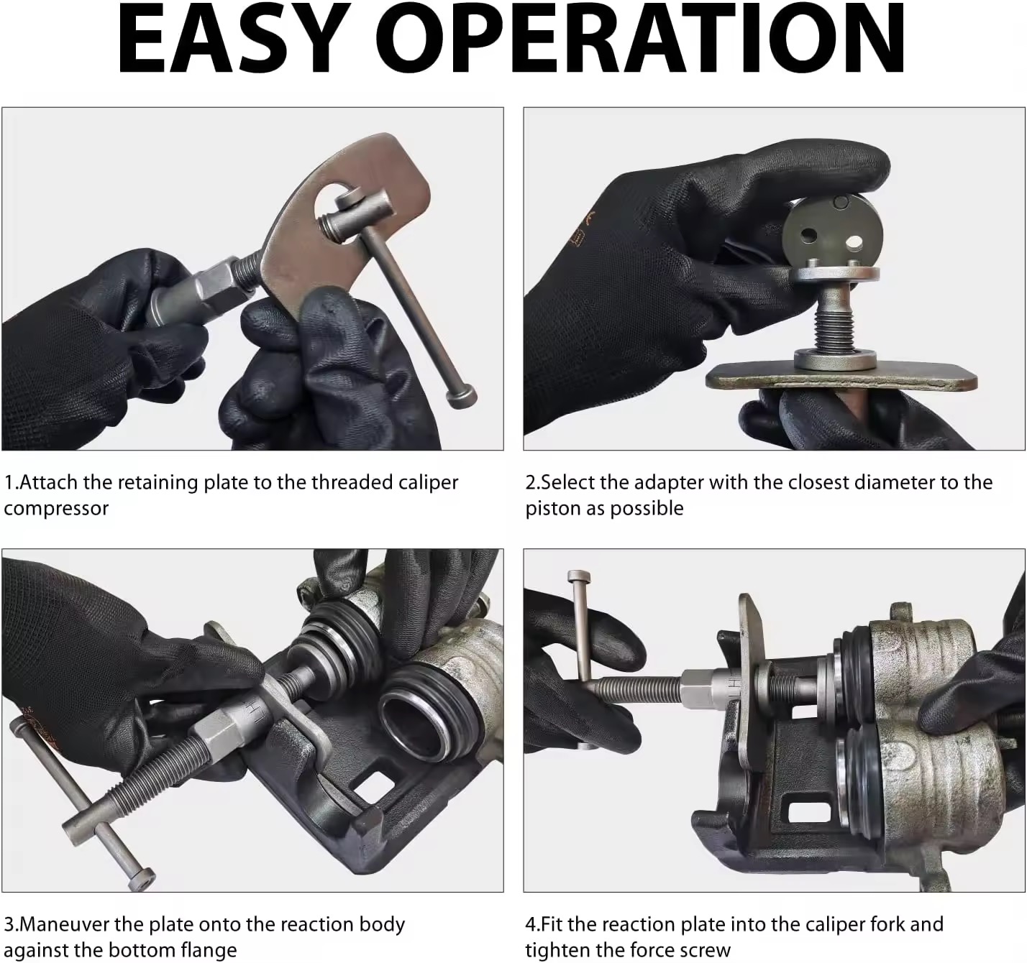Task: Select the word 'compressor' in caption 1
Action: [x=56, y=509]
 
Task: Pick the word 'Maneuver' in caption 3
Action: [x=64, y=924]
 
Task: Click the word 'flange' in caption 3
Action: [x=209, y=951]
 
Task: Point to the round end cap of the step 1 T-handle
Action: [x=462, y=397]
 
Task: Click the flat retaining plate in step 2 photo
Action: [x=841, y=377]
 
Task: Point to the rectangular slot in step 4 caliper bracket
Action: [x=808, y=812]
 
